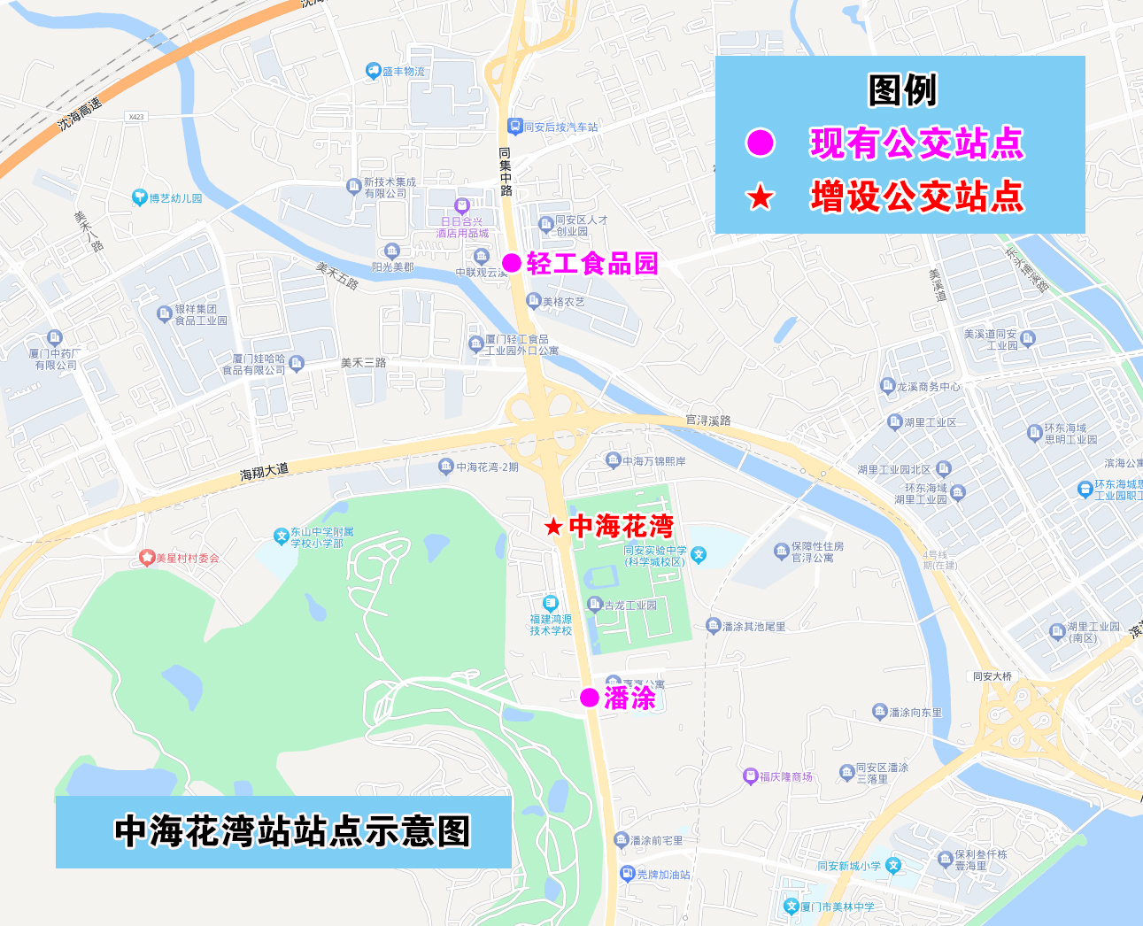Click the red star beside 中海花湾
pyautogui.click(x=553, y=528)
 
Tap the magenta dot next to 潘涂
pyautogui.click(x=590, y=698)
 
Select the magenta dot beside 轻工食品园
pyautogui.click(x=512, y=263)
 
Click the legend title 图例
pyautogui.click(x=902, y=90)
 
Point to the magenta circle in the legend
pyautogui.click(x=760, y=143)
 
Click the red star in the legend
pyautogui.click(x=760, y=197)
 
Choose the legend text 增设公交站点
pyautogui.click(x=916, y=197)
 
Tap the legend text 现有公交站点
pyautogui.click(x=916, y=143)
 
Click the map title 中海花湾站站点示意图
pyautogui.click(x=292, y=831)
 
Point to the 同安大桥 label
pyautogui.click(x=992, y=676)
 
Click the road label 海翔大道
pyautogui.click(x=264, y=472)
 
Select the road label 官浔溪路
pyautogui.click(x=708, y=420)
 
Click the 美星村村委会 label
pyautogui.click(x=187, y=558)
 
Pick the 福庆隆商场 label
pyautogui.click(x=785, y=776)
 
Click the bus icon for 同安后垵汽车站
pyautogui.click(x=514, y=127)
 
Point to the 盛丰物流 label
pyautogui.click(x=403, y=71)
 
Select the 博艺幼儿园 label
pyautogui.click(x=174, y=198)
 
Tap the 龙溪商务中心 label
pyautogui.click(x=928, y=386)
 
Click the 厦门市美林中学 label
pyautogui.click(x=837, y=907)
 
